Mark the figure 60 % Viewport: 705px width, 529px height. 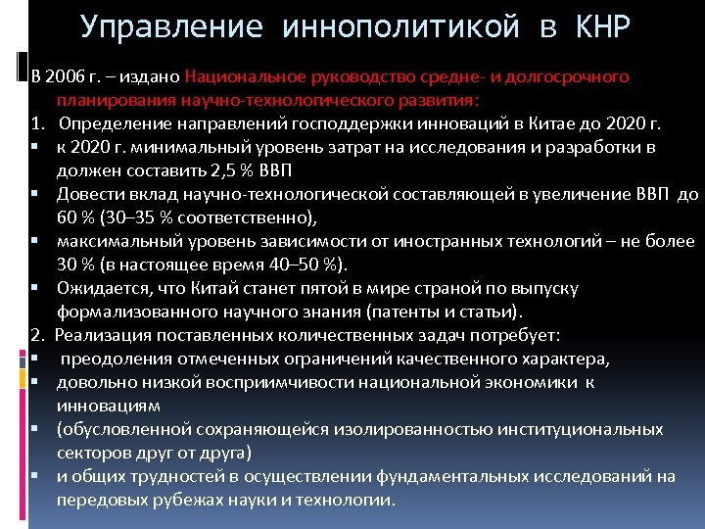76,217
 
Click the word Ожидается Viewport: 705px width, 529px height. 99,288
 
